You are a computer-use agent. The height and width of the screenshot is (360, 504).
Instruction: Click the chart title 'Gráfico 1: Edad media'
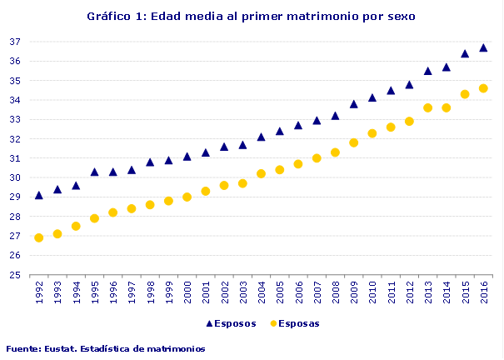point(251,16)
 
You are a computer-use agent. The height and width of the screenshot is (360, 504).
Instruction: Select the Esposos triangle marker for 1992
point(38,195)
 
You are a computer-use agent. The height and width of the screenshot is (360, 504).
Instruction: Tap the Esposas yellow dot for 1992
point(38,237)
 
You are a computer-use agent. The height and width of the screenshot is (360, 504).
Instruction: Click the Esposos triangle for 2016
point(483,47)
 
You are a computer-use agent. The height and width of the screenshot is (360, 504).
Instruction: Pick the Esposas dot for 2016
point(483,88)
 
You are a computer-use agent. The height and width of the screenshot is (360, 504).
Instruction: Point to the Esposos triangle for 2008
point(335,116)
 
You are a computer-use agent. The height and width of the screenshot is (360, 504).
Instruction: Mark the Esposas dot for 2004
point(261,173)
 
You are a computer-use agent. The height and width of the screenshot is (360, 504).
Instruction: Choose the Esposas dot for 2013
point(427,107)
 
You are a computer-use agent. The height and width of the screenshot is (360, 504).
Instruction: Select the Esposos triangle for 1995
point(94,172)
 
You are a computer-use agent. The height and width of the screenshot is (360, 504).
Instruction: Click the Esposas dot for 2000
point(187,197)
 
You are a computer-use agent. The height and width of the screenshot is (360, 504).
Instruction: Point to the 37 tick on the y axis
point(14,42)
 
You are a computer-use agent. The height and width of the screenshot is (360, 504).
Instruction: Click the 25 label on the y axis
point(14,275)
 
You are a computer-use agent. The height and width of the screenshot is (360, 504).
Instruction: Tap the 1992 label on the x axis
point(38,292)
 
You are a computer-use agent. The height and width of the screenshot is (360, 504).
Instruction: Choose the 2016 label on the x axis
point(483,292)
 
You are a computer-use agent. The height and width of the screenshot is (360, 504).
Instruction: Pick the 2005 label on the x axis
point(279,292)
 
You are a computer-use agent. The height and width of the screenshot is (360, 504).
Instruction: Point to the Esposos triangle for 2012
point(409,84)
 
